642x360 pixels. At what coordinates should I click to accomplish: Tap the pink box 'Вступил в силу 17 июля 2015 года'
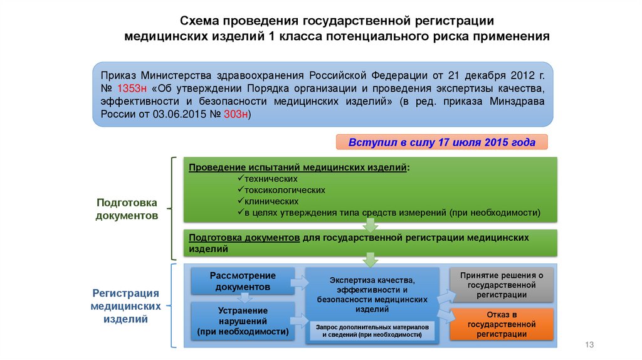(442, 142)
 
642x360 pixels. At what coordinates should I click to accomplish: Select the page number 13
(588, 345)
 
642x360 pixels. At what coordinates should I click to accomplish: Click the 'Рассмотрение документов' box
(243, 281)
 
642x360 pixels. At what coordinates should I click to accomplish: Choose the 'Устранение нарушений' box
(243, 321)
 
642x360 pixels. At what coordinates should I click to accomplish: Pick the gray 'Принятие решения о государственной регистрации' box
(501, 285)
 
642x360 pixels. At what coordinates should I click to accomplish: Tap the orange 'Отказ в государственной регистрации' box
(501, 324)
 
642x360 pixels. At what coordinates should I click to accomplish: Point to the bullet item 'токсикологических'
(285, 189)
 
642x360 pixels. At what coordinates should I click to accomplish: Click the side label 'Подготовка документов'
(127, 209)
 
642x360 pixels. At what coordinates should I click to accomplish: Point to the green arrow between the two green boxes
(370, 226)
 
